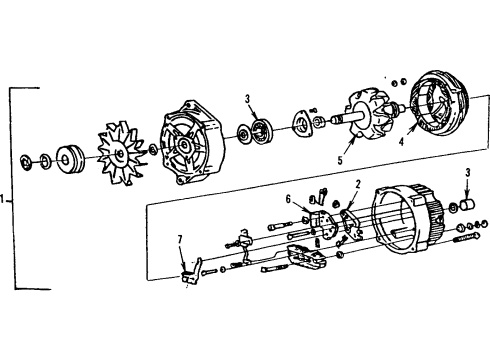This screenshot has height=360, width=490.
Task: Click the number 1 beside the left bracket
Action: [7, 199]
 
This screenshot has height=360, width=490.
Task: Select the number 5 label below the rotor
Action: [341, 159]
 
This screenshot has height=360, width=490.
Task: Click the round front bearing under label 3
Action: [263, 128]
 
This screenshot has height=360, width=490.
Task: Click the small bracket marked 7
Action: [190, 272]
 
